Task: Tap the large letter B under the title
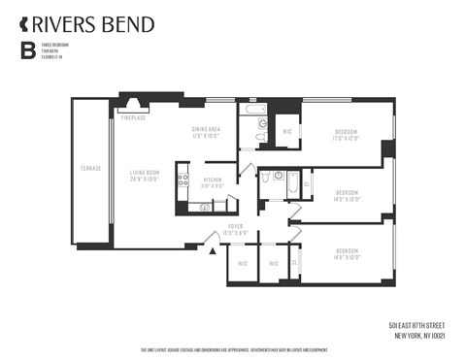pyautogui.click(x=27, y=51)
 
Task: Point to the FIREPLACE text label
pyautogui.click(x=133, y=117)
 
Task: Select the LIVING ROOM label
pyautogui.click(x=145, y=176)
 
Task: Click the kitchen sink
pyautogui.click(x=205, y=207)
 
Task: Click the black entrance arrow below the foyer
pyautogui.click(x=213, y=251)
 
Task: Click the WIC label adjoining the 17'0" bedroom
pyautogui.click(x=287, y=131)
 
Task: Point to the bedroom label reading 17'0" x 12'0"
pyautogui.click(x=347, y=135)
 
